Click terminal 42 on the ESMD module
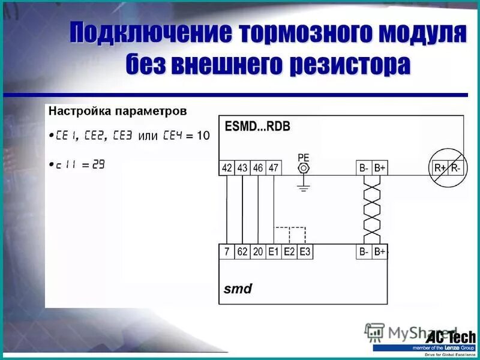[x=227, y=168]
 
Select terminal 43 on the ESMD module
[x=242, y=168]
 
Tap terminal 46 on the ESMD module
[x=258, y=168]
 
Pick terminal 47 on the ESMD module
[x=274, y=168]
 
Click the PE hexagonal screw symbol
[x=304, y=168]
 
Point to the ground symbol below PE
[x=304, y=188]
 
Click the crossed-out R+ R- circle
[x=447, y=168]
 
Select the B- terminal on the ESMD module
[x=364, y=168]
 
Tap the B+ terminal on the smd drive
[x=380, y=252]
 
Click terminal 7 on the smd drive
[x=227, y=252]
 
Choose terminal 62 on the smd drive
[x=242, y=252]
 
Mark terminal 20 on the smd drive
[x=258, y=252]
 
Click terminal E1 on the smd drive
[x=274, y=252]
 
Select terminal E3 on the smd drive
[x=305, y=252]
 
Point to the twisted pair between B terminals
[x=372, y=210]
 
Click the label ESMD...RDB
[x=257, y=127]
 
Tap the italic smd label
[x=238, y=289]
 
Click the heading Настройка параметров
[x=118, y=112]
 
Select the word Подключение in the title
[x=150, y=34]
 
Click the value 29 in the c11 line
[x=98, y=164]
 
